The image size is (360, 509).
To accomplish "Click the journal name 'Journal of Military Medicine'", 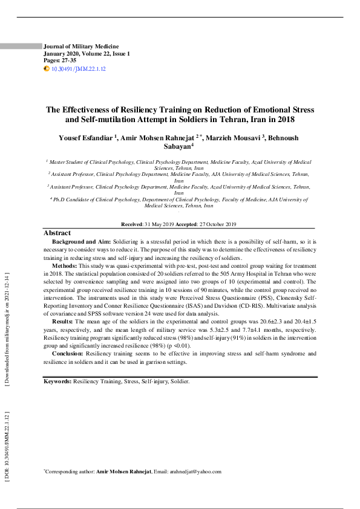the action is pyautogui.click(x=81, y=47).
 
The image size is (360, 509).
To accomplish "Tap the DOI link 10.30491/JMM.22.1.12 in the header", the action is pyautogui.click(x=79, y=70).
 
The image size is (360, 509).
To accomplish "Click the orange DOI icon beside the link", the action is pyautogui.click(x=47, y=70).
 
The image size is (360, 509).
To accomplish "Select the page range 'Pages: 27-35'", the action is pyautogui.click(x=60, y=61).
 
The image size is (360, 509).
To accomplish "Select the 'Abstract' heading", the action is pyautogui.click(x=57, y=233).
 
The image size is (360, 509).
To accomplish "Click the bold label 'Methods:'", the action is pyautogui.click(x=64, y=266).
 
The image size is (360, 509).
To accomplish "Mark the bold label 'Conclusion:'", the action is pyautogui.click(x=68, y=354).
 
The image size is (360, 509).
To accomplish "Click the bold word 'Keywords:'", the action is pyautogui.click(x=57, y=382).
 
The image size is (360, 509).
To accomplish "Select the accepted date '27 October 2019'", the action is pyautogui.click(x=218, y=224).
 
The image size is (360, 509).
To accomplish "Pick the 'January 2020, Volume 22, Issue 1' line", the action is pyautogui.click(x=87, y=54).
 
